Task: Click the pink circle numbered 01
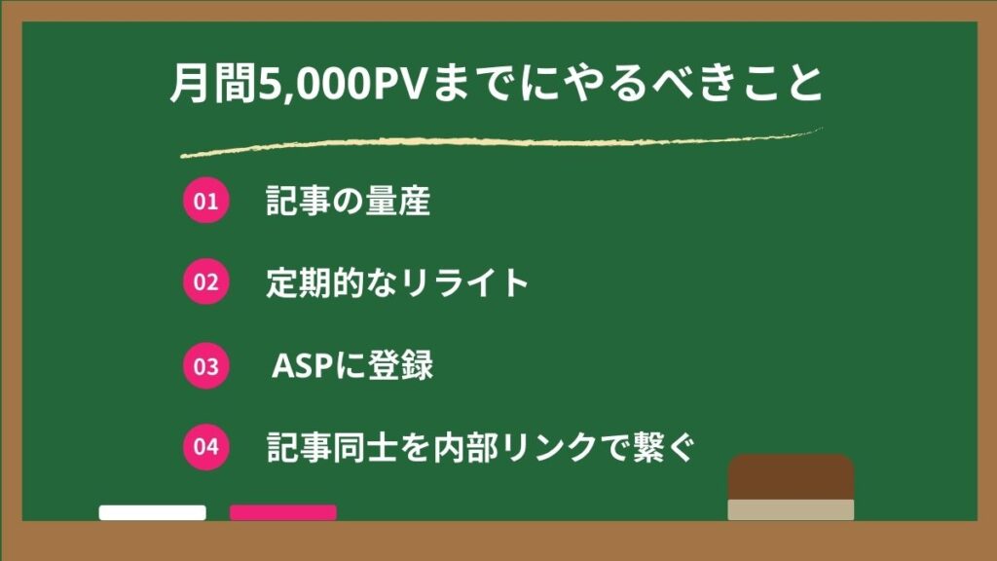[x=206, y=201]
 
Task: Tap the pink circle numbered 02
[x=206, y=281]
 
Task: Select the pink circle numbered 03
[x=206, y=366]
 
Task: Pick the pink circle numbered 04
[x=206, y=446]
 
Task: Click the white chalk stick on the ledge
[x=153, y=512]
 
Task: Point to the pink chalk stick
[x=283, y=512]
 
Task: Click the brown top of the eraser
[x=791, y=477]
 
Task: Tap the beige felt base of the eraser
[x=791, y=510]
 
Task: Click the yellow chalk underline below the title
[x=501, y=142]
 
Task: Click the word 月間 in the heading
[x=213, y=83]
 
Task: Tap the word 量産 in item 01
[x=398, y=201]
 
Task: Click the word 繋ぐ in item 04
[x=663, y=447]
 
